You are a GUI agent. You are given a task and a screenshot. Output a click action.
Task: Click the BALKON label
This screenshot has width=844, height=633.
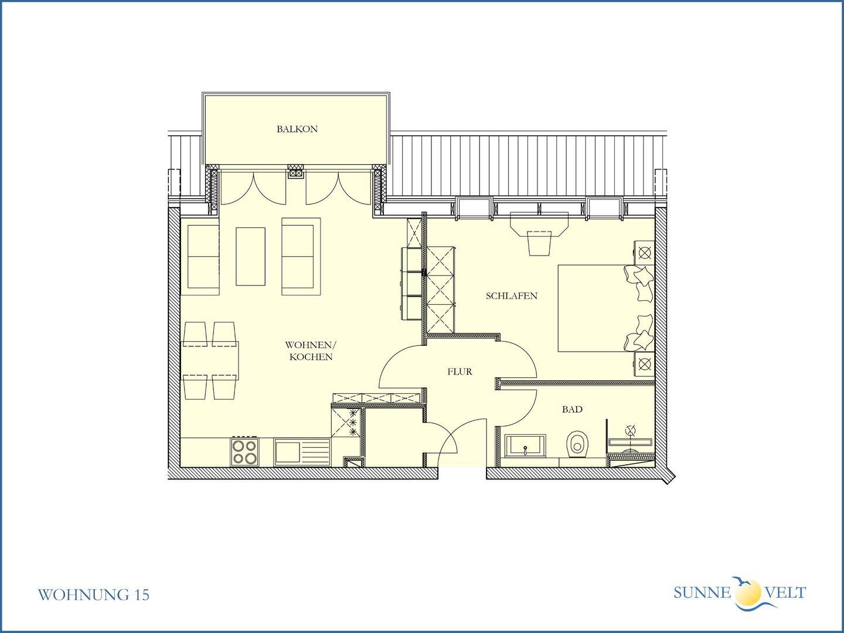click(x=297, y=129)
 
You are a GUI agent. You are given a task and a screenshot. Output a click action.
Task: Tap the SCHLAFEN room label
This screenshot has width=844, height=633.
click(x=512, y=296)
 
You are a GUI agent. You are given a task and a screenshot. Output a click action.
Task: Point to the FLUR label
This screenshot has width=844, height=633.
click(x=460, y=372)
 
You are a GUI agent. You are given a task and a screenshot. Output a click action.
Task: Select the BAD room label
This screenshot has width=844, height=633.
click(x=572, y=409)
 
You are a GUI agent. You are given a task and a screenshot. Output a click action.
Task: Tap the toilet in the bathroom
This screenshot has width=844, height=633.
click(x=577, y=444)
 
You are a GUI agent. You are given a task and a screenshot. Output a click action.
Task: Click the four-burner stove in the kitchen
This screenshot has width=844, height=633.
click(x=244, y=452)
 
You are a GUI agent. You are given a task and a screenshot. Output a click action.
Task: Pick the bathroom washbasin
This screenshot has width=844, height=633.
click(x=525, y=446)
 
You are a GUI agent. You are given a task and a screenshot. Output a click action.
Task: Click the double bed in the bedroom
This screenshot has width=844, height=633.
click(x=605, y=308)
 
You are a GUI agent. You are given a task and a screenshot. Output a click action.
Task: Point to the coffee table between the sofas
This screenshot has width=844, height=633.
click(x=250, y=256)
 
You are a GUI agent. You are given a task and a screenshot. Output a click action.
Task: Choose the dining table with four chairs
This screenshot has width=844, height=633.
click(x=210, y=360)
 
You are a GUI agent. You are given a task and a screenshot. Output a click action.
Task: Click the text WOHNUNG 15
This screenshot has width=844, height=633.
click(x=93, y=595)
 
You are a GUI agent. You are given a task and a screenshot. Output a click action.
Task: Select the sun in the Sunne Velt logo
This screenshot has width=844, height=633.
click(x=748, y=592)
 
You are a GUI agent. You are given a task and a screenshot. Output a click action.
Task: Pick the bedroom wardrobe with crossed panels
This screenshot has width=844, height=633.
click(x=441, y=290)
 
